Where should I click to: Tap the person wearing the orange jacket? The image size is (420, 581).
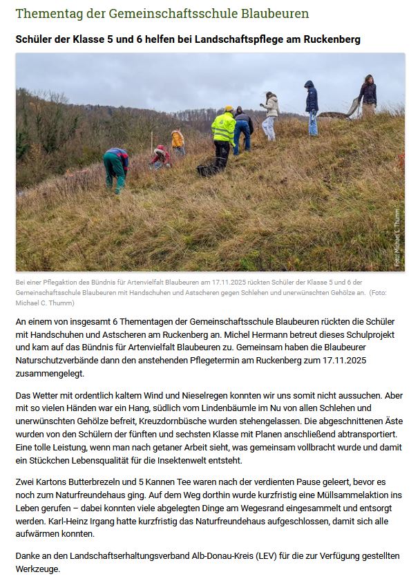(x=178, y=141)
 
